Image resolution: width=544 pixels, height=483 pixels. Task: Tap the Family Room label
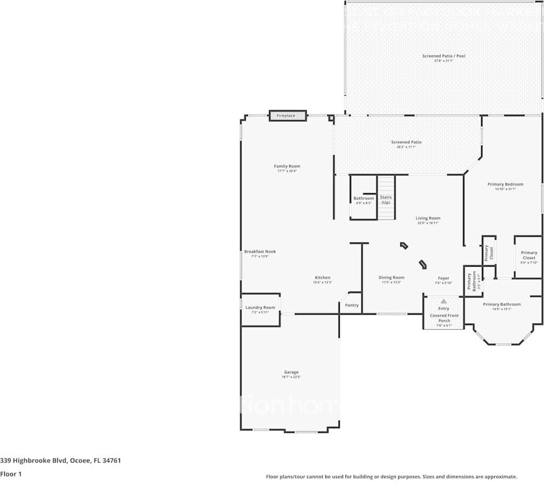[287, 167]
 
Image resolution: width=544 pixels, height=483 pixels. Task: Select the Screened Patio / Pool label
[444, 56]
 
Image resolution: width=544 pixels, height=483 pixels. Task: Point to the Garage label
[291, 372]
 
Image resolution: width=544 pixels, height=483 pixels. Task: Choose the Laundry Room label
[260, 308]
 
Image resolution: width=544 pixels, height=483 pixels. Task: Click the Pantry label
[352, 305]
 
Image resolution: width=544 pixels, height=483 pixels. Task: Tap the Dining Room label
[391, 277]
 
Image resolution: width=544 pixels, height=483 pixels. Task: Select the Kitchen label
[322, 277]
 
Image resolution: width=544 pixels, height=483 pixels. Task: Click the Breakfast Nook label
[260, 252]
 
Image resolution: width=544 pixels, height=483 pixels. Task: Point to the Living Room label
[428, 218]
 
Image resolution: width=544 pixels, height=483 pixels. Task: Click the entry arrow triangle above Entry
[444, 301]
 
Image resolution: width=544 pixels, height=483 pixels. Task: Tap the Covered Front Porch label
[444, 318]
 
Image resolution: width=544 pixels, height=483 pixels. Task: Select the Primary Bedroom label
[505, 184]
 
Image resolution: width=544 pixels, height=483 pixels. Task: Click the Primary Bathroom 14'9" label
[502, 305]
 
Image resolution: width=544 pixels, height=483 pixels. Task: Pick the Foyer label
[443, 278]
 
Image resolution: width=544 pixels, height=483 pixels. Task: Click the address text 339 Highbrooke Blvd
[60, 461]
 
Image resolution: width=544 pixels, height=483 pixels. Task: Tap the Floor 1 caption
[10, 474]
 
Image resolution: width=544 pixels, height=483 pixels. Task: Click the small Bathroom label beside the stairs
[364, 199]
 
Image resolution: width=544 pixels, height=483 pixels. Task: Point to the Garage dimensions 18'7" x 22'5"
[291, 378]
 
